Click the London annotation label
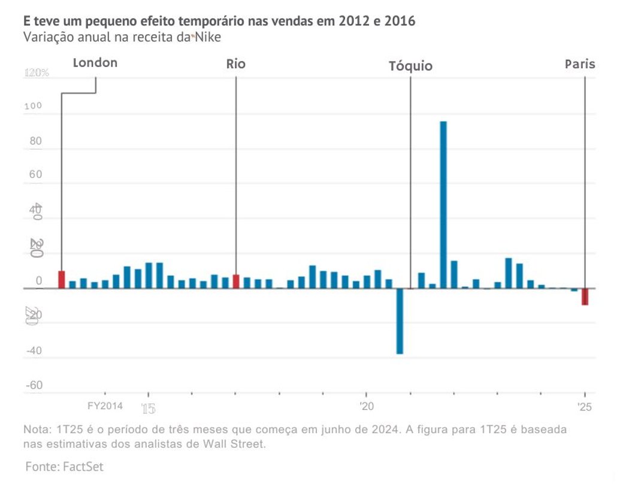(95, 63)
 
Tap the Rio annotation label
(235, 64)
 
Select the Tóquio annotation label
(410, 66)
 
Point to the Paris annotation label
(580, 64)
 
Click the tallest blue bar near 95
(443, 204)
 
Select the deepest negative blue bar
(400, 321)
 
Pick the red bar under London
(61, 279)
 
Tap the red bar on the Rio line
(235, 281)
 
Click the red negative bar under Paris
(585, 297)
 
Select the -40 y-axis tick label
(34, 351)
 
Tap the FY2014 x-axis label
(105, 406)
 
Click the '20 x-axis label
(367, 406)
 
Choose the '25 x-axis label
(585, 406)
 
